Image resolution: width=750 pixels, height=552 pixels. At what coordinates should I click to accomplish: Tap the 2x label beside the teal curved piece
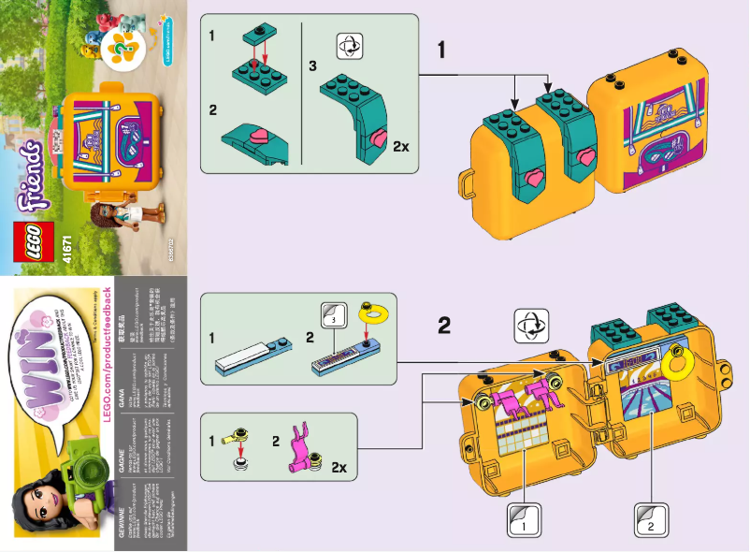[403, 146]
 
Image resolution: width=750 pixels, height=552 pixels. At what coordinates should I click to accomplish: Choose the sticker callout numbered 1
[522, 519]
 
